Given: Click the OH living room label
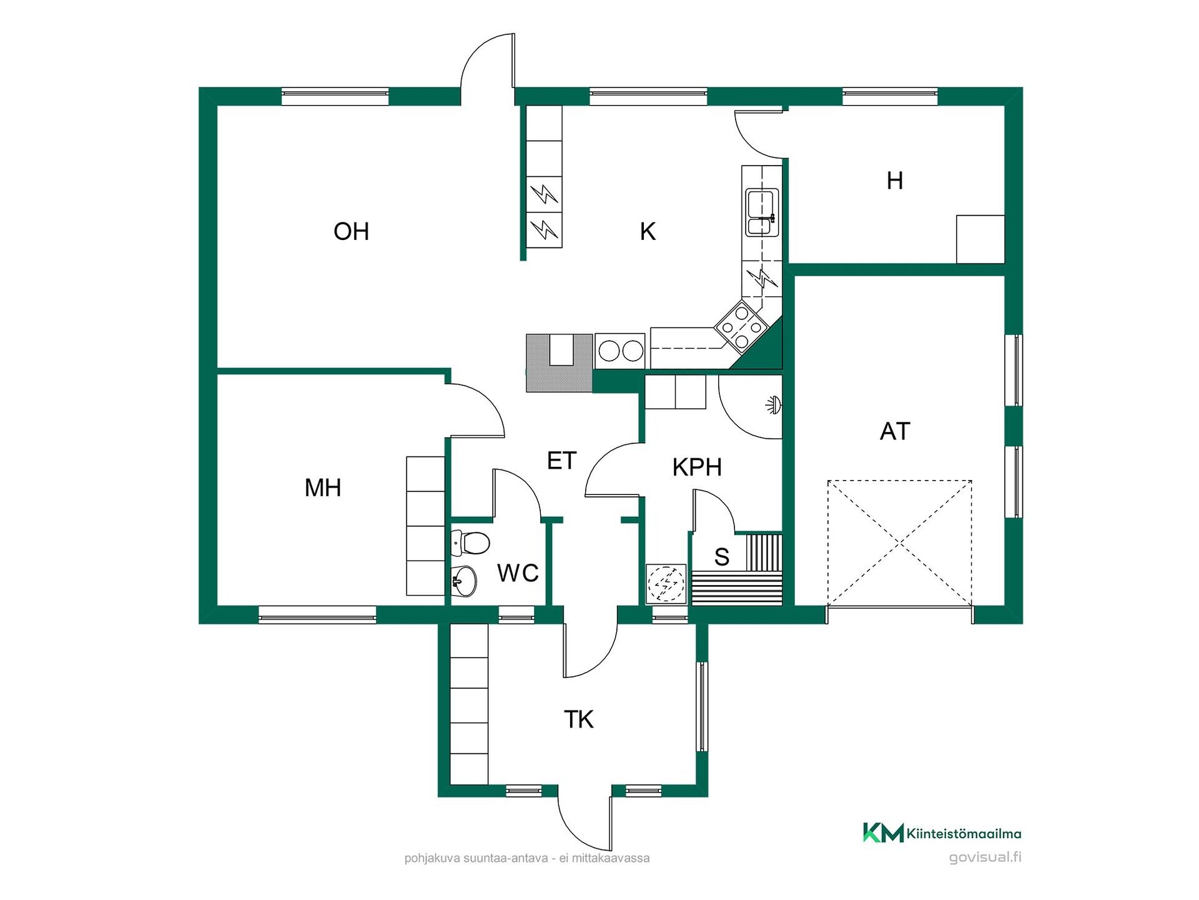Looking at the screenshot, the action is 351,231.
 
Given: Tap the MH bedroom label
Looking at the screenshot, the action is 323,487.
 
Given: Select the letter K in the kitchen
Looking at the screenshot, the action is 648,231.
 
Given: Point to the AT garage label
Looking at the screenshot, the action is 895,431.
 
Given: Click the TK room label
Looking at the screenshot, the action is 579,719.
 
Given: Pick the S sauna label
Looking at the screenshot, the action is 722,556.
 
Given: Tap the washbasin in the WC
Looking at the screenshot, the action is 463,581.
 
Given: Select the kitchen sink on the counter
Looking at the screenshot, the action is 762,212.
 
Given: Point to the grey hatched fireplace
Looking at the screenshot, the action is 559,363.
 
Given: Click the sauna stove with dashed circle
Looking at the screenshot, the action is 666,584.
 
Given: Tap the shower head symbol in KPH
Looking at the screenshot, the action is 774,405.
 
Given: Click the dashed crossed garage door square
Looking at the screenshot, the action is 900,543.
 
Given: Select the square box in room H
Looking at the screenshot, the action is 980,239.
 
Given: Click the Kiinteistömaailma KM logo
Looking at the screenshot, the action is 942,832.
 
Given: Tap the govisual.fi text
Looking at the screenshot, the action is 985,857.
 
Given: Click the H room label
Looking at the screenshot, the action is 895,181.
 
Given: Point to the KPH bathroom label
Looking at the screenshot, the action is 697,467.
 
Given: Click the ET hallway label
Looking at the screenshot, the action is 561,461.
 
